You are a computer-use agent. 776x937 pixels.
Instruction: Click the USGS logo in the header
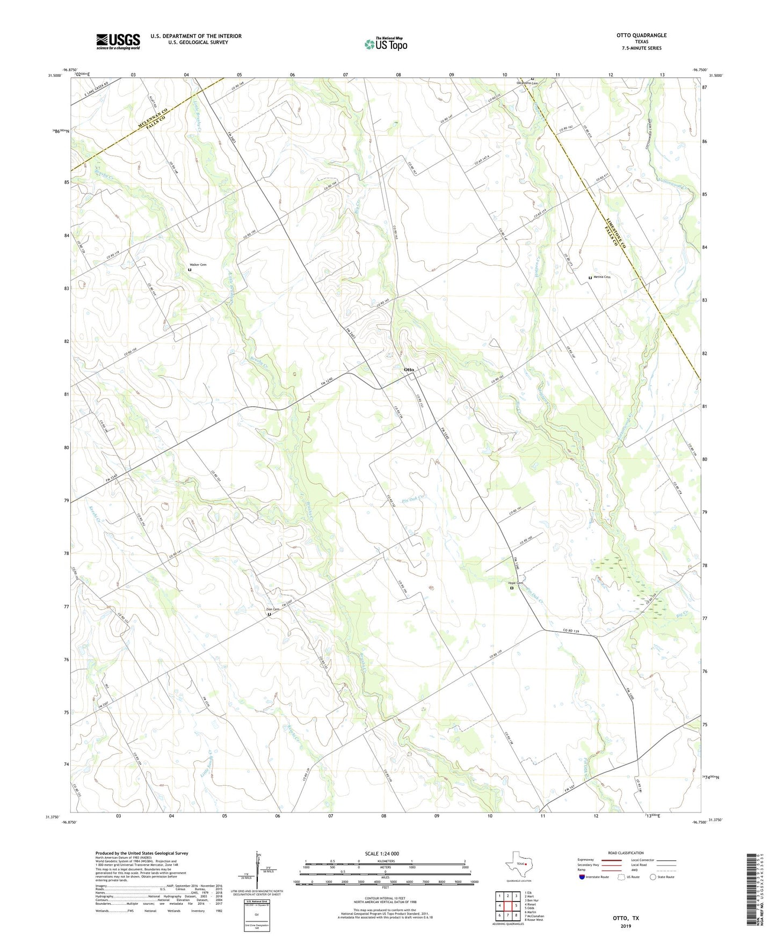pos(118,41)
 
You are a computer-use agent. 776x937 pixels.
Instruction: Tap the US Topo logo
pos(385,44)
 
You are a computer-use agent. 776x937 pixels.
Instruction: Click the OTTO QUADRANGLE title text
pos(641,35)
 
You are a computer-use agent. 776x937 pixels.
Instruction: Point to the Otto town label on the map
pos(409,370)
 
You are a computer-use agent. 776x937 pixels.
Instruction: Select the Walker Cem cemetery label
pos(198,265)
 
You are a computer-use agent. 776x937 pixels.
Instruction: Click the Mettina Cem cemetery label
pos(601,277)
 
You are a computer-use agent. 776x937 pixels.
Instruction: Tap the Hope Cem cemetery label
pos(516,583)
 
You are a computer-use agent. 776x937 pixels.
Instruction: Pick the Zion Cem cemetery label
pos(273,609)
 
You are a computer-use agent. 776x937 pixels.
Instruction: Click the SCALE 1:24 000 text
pos(382,854)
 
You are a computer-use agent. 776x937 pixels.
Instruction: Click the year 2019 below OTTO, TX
pos(626,926)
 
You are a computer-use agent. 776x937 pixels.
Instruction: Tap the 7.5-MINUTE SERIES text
pos(641,48)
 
